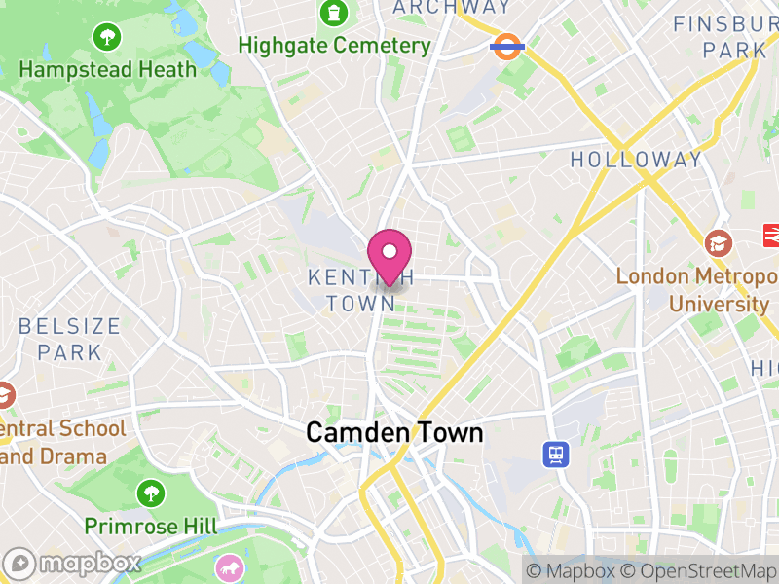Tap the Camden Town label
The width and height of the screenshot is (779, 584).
[394, 432]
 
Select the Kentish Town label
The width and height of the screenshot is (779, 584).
[352, 290]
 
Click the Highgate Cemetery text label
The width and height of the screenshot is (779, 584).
[334, 46]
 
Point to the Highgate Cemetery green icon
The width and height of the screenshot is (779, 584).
[334, 14]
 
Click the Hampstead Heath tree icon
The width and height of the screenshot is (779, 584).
[106, 38]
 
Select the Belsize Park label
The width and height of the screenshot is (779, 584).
[69, 338]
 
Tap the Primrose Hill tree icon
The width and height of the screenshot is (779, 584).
[150, 493]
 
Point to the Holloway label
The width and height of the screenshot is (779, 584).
[636, 160]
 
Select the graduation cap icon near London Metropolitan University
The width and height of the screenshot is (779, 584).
[719, 243]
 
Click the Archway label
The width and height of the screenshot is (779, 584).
[451, 8]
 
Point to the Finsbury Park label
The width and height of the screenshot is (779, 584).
[725, 36]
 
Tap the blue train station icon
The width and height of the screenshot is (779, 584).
[556, 454]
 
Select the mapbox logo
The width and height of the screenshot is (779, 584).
[73, 563]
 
